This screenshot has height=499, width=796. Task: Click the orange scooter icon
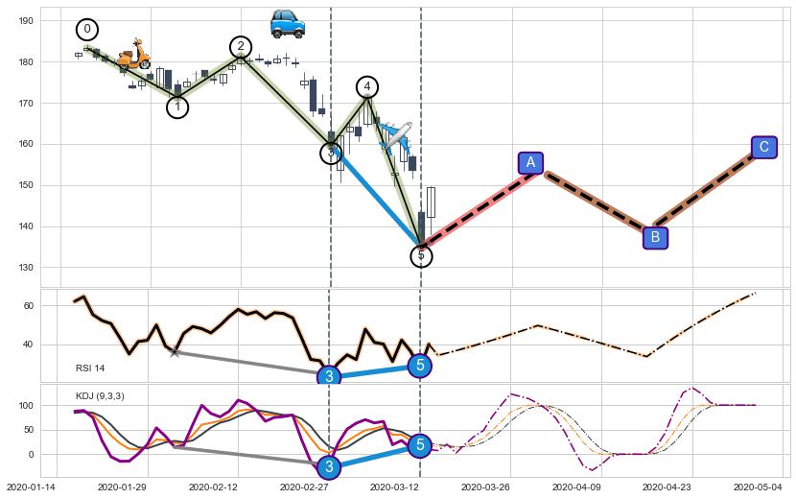click(133, 55)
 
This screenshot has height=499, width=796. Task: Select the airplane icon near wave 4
click(396, 136)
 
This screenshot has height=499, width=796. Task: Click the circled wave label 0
click(87, 30)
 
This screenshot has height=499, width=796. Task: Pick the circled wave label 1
click(177, 107)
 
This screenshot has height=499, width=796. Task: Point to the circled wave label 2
click(241, 46)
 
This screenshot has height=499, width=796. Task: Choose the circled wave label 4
click(367, 87)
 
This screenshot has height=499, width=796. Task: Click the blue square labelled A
click(530, 162)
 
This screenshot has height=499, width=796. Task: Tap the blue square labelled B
click(655, 237)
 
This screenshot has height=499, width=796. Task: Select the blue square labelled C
click(763, 147)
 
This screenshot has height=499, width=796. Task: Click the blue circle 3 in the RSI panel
click(329, 376)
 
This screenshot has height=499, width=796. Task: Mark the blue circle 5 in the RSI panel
click(419, 365)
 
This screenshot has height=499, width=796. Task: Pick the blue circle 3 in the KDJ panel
click(329, 467)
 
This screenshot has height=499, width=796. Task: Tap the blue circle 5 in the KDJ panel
click(419, 444)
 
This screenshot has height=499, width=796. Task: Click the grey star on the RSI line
click(174, 353)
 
